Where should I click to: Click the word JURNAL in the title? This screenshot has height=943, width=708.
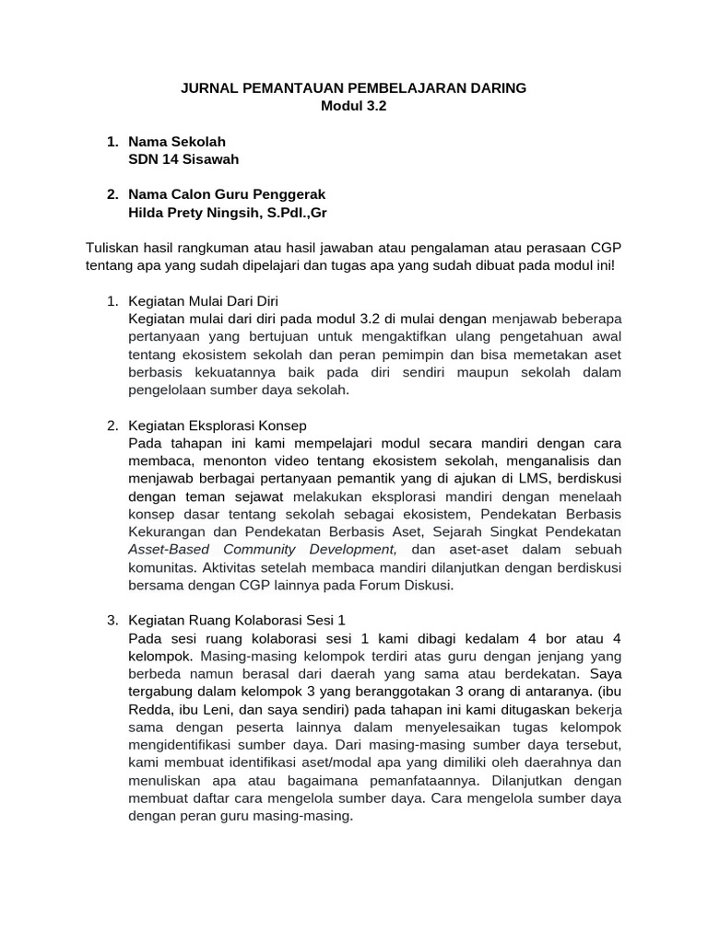[x=208, y=88]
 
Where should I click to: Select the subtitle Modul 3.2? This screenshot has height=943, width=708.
[x=353, y=106]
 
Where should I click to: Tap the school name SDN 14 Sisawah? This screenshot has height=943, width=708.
[x=183, y=159]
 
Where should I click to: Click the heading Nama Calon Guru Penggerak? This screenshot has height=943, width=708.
[x=227, y=195]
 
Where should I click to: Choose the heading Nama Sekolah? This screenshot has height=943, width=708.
[x=177, y=142]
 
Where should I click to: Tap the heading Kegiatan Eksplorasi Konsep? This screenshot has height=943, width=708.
[x=218, y=425]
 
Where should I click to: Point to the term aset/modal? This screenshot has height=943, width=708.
[x=321, y=763]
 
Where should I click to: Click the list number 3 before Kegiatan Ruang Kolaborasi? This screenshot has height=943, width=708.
[x=112, y=620]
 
